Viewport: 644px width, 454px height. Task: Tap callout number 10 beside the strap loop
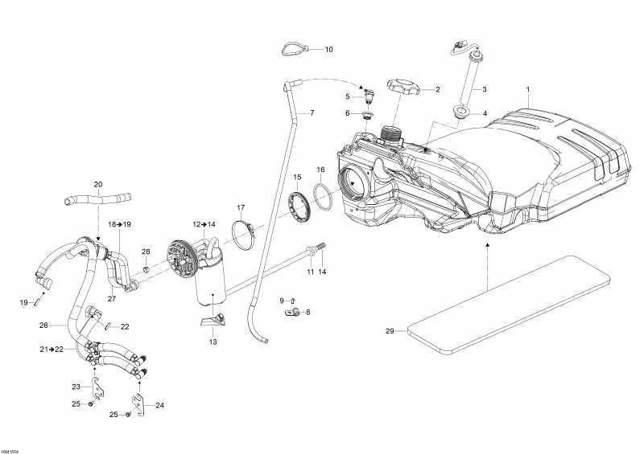click(x=328, y=50)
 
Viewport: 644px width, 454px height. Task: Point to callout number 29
click(x=390, y=331)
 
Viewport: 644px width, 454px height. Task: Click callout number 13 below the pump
click(x=213, y=342)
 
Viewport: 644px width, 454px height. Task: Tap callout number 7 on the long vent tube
click(x=312, y=112)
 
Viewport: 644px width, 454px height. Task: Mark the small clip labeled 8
click(x=296, y=311)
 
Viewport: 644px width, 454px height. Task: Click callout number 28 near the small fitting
click(x=146, y=252)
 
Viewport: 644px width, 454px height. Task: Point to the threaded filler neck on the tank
click(x=390, y=133)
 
